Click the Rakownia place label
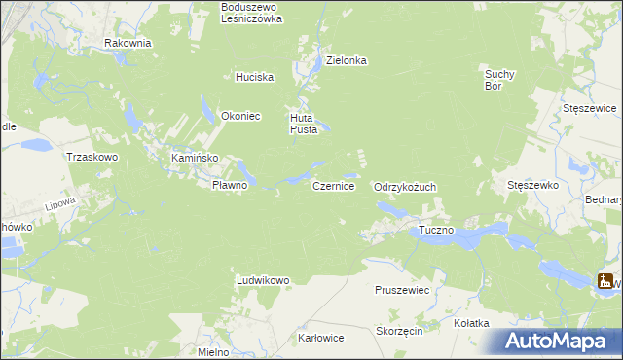click(x=128, y=43)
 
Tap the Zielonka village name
click(x=346, y=60)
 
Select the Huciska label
click(x=255, y=77)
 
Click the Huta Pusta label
click(x=305, y=124)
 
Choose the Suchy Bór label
click(x=499, y=78)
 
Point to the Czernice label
click(x=333, y=185)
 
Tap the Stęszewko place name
click(x=531, y=184)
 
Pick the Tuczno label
click(x=437, y=230)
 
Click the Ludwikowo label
click(x=263, y=280)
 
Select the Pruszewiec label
click(x=402, y=290)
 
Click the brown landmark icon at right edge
click(x=606, y=281)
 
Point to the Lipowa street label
click(x=60, y=205)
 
